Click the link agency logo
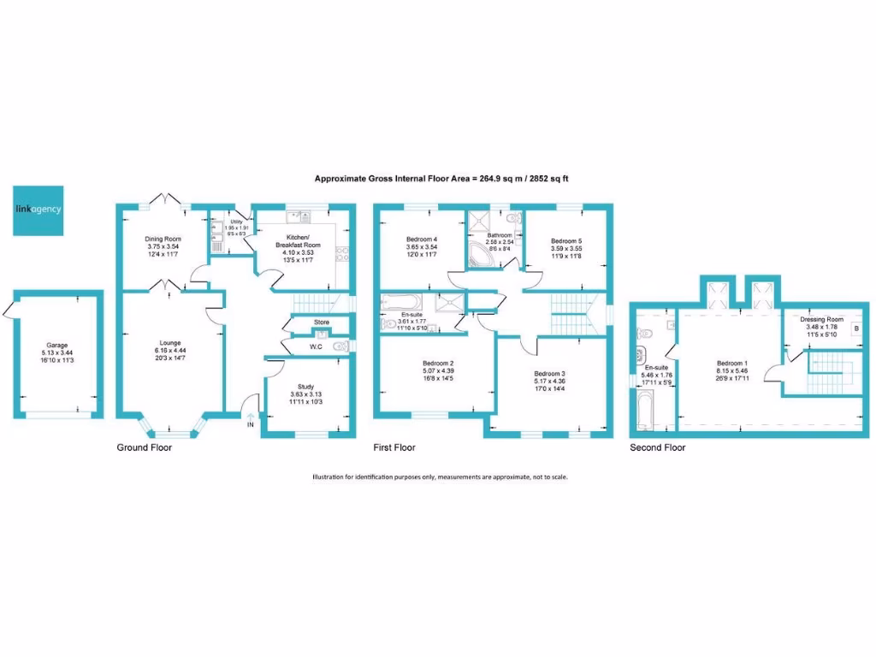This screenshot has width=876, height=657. pos(38,210)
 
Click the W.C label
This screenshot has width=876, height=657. pos(315,346)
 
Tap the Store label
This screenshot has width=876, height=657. pos(321,323)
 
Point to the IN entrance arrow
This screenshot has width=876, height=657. pos(251,417)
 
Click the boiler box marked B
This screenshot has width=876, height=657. pos(856,328)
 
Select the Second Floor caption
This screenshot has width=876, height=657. pos(657,447)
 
